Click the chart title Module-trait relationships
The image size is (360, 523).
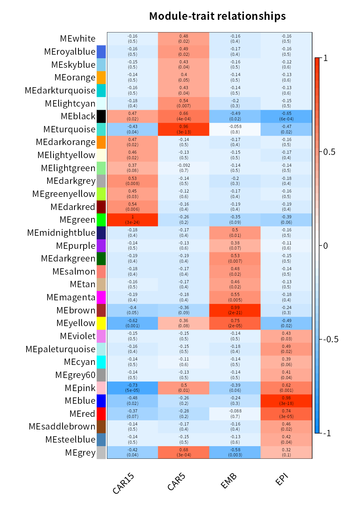pos(217,16)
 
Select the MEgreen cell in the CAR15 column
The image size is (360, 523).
pos(133,220)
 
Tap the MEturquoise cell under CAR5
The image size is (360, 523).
pos(184,130)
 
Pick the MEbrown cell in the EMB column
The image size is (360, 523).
pos(235,310)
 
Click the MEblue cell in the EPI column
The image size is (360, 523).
pos(286,401)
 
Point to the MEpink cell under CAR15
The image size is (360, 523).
pos(133,388)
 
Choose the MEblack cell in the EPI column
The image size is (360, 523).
pos(286,116)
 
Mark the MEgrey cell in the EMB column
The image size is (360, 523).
pos(235,452)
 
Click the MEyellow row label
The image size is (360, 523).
pos(76,323)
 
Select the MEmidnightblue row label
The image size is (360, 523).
pos(61,233)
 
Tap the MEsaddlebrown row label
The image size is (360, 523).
pos(62,427)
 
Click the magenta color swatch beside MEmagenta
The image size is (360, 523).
pos(101,297)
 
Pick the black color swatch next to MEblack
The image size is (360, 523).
pos(101,116)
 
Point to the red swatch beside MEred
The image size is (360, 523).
pos(101,414)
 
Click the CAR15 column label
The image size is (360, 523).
pos(124,484)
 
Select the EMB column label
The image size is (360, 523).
pos(229,481)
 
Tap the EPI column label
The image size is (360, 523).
pos(282,480)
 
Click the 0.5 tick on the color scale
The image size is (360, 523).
pos(329,152)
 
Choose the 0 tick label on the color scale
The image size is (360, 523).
pos(326,246)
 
